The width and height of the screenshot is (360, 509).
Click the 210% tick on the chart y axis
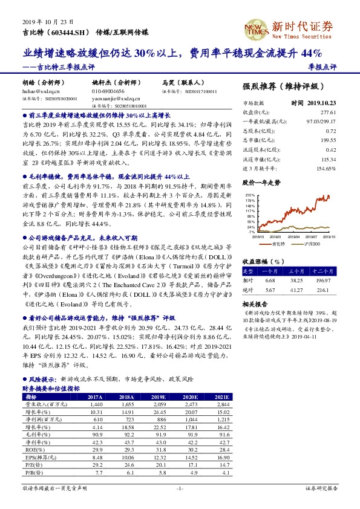[249, 195]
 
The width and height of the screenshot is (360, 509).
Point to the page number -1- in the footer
[179, 488]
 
